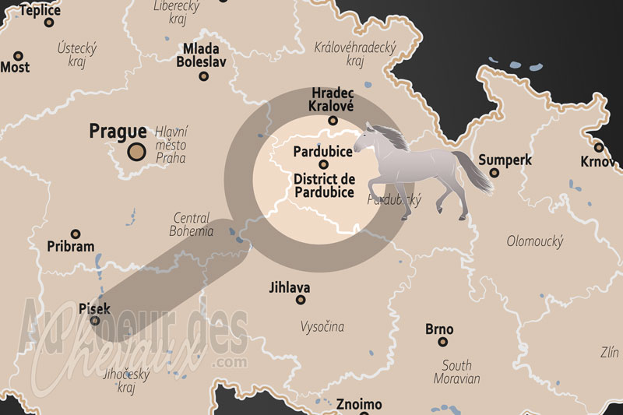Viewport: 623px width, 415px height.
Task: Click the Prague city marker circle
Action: coord(137,151)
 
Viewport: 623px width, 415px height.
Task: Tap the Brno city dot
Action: coord(442,341)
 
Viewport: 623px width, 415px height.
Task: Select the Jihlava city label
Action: coord(289,287)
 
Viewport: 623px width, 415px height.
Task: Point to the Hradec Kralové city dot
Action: coord(333,120)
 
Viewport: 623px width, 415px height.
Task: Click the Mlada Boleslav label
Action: coord(203,55)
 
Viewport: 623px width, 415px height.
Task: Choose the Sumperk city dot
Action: coord(494,173)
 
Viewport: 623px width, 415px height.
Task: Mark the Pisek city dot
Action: coord(95,320)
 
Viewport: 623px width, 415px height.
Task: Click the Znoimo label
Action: coord(359,404)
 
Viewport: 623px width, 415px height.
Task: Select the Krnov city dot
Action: coord(599,146)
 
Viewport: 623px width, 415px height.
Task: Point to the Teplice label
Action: coord(39,10)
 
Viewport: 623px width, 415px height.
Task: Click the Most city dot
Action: coord(19,55)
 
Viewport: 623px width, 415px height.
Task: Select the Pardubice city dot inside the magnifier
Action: coord(322,164)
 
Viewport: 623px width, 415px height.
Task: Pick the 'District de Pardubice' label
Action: coord(324,185)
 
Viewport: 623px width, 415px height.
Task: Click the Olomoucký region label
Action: coord(534,241)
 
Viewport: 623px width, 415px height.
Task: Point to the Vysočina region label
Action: coord(322,327)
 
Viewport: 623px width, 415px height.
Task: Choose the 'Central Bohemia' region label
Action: coord(192,224)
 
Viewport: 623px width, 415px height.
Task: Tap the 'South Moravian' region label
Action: coord(457,372)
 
